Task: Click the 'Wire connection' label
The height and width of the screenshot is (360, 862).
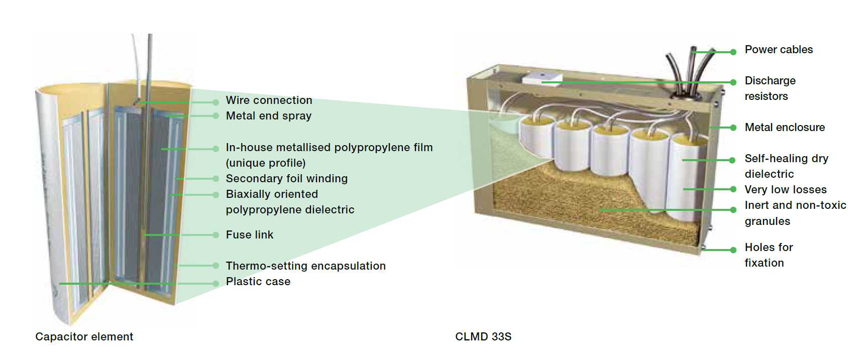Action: [269, 100]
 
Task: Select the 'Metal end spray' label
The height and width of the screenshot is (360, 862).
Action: [269, 116]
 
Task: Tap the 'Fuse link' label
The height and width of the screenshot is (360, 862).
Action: [250, 235]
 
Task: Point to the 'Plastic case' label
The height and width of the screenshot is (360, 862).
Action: [258, 282]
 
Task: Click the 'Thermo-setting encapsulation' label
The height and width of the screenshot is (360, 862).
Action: [305, 266]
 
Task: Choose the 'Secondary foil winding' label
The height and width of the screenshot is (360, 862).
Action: [286, 179]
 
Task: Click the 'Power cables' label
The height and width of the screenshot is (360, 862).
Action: [779, 50]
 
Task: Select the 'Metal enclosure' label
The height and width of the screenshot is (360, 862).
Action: [785, 128]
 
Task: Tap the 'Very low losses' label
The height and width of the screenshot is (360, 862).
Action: [786, 190]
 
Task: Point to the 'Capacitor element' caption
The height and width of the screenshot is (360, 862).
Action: [84, 337]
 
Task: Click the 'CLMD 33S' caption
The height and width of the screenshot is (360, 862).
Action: [483, 337]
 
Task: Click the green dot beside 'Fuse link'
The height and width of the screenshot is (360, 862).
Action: [215, 235]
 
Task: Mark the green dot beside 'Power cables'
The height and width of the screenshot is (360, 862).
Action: [733, 52]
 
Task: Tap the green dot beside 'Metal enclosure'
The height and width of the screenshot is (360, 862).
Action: [733, 128]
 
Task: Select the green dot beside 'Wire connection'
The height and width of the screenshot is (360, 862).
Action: [215, 102]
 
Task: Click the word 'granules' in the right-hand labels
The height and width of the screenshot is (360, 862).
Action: [767, 221]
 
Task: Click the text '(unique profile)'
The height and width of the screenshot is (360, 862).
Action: [266, 163]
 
